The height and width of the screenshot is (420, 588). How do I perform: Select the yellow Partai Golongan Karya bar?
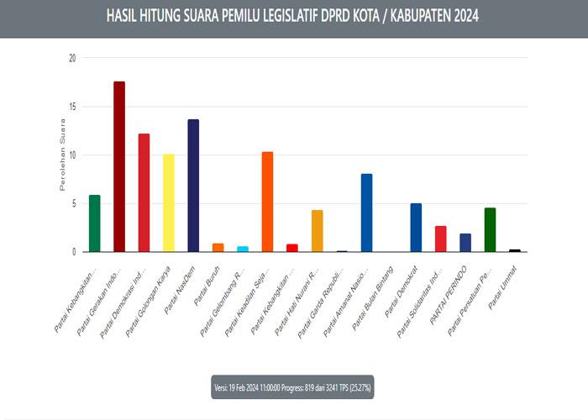click(169, 202)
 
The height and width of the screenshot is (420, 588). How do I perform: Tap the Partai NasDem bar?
click(193, 186)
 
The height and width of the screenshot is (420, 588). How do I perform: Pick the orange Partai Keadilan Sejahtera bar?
click(267, 202)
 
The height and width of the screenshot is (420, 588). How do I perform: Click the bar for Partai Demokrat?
click(416, 228)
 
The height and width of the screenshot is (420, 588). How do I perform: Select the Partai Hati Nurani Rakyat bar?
click(317, 231)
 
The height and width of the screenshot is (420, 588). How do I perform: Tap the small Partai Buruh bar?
click(218, 247)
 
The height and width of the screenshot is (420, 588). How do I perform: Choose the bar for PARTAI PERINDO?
click(465, 243)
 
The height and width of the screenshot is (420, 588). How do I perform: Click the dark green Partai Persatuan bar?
click(490, 229)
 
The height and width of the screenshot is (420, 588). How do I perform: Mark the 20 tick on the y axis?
click(72, 58)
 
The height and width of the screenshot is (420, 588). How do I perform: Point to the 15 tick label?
click(72, 107)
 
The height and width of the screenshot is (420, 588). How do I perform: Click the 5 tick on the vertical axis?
click(74, 203)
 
